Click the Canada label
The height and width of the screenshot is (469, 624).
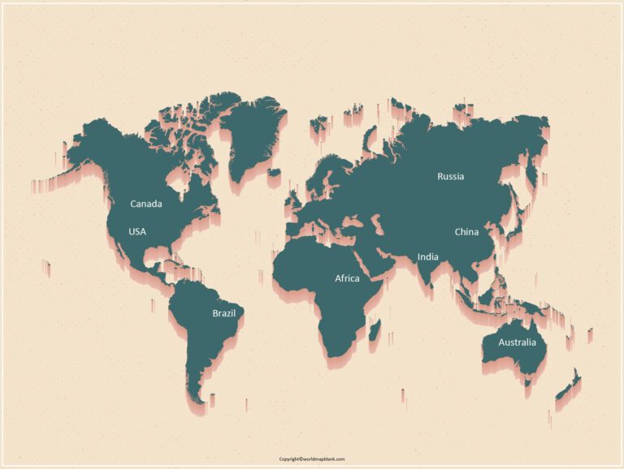[x=146, y=204]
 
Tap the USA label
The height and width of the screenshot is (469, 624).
[x=137, y=231]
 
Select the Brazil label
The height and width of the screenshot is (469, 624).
[x=223, y=313]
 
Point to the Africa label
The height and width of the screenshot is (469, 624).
[x=347, y=278]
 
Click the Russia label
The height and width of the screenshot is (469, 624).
[x=451, y=176]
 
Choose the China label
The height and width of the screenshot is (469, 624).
[x=466, y=231]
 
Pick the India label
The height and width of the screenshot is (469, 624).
[x=428, y=257]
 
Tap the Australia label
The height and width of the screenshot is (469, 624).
[x=518, y=342]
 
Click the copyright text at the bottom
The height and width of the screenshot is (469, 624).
[x=312, y=459]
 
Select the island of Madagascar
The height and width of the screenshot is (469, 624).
[x=375, y=329]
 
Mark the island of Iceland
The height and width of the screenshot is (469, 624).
[x=274, y=172]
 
